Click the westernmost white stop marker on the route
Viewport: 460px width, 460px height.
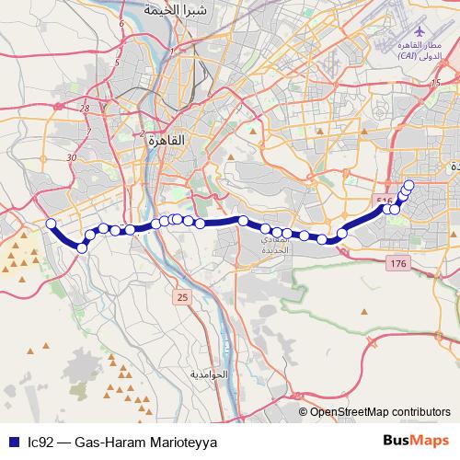point(52,224)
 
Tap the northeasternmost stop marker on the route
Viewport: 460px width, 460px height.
point(409,186)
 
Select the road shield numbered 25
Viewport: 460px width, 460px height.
point(182,296)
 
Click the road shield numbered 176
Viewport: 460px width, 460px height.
point(397,265)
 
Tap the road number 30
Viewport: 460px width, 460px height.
point(72,157)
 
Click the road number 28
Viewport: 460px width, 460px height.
point(85,109)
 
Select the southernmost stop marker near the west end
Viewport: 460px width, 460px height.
point(82,248)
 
